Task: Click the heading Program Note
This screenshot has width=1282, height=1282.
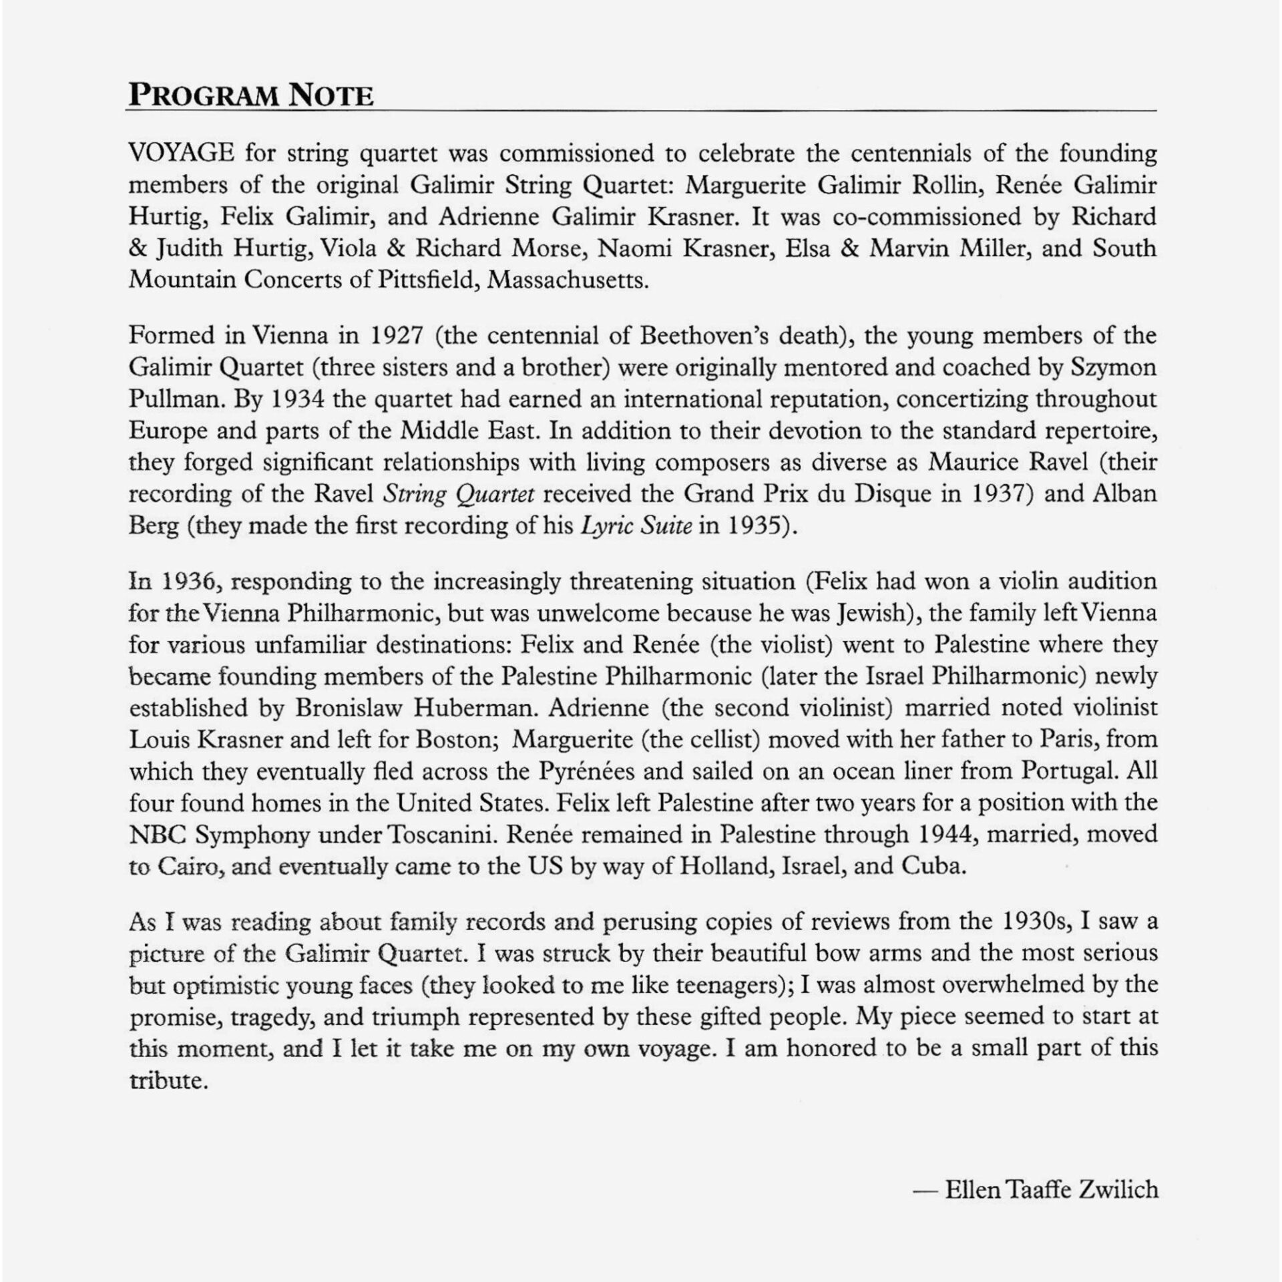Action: pos(250,95)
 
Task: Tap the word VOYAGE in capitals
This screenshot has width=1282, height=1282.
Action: pos(181,154)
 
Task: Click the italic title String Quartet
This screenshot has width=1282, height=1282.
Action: pos(459,495)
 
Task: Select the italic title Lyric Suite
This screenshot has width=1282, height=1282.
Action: pos(636,526)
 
